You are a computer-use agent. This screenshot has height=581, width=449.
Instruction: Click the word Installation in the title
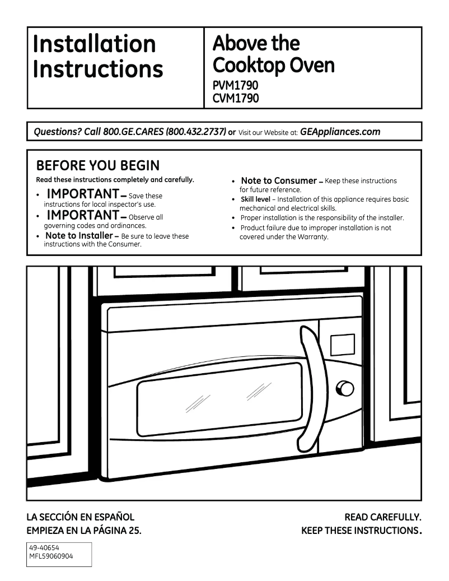(x=95, y=44)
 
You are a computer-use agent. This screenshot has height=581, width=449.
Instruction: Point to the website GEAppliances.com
(x=340, y=132)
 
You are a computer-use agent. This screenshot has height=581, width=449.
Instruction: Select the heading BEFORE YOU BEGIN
(x=97, y=166)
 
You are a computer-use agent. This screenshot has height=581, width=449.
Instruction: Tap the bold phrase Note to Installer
(x=79, y=236)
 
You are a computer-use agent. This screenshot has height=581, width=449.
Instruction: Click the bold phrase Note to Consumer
(x=279, y=181)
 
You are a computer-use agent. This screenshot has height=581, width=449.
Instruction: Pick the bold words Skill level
(x=255, y=199)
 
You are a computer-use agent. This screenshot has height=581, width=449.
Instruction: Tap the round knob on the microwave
(x=344, y=388)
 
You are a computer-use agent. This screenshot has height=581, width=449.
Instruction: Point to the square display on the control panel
(x=342, y=344)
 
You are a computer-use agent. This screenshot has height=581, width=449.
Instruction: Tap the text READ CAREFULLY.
(x=382, y=517)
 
